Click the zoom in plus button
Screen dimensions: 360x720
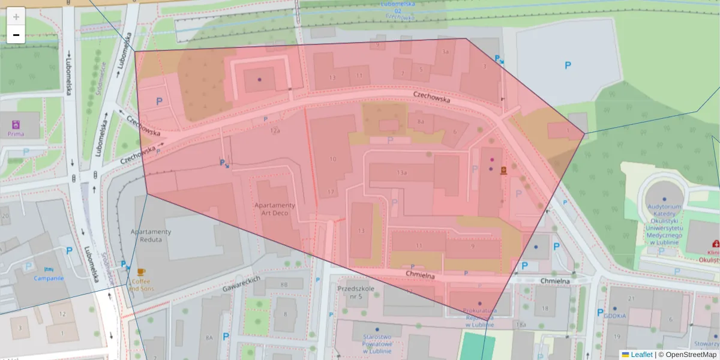click(x=16, y=16)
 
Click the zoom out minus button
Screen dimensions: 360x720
click(x=16, y=35)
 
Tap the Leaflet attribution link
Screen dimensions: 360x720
click(x=641, y=355)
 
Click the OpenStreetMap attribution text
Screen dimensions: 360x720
click(x=691, y=355)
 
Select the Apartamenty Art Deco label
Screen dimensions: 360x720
click(x=275, y=209)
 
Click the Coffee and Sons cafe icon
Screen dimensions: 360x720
click(x=141, y=273)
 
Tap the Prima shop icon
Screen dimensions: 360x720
click(x=16, y=125)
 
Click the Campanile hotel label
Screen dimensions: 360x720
click(x=49, y=278)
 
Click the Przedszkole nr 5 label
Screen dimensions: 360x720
click(x=356, y=292)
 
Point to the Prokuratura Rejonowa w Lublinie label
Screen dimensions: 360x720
click(x=479, y=317)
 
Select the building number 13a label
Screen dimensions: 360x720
click(x=402, y=173)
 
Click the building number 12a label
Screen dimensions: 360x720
click(x=275, y=130)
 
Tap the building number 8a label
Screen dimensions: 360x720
click(x=421, y=122)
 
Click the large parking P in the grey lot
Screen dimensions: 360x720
click(x=568, y=65)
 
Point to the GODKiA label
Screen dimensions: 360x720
click(x=614, y=316)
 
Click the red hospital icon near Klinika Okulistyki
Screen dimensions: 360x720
click(x=715, y=244)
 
